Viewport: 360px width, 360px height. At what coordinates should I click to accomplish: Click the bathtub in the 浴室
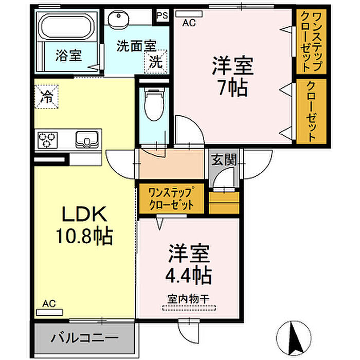[x=66, y=26]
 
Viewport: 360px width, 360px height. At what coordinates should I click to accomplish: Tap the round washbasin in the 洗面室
[x=118, y=20]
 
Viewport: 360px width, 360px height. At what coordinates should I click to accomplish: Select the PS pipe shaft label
[x=163, y=15]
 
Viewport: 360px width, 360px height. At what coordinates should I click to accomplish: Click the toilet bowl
[x=154, y=104]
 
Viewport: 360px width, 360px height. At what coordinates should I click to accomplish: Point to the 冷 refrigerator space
[x=46, y=97]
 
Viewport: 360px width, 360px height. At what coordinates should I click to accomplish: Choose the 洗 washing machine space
[x=156, y=62]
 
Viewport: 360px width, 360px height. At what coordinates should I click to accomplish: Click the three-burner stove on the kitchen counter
[x=47, y=139]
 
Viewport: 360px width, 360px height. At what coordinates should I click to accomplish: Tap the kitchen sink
[x=87, y=139]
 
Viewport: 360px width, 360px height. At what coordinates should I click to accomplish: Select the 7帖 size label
[x=233, y=88]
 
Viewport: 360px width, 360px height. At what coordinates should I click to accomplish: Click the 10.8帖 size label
[x=84, y=236]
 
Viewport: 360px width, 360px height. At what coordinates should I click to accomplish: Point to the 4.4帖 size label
[x=189, y=275]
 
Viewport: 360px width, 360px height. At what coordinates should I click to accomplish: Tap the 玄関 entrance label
[x=224, y=159]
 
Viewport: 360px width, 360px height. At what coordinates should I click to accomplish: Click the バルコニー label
[x=84, y=338]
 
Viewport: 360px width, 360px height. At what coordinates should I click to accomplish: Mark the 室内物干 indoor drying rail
[x=189, y=308]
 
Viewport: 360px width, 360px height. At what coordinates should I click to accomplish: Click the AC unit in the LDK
[x=49, y=312]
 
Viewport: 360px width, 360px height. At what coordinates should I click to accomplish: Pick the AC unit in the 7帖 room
[x=189, y=14]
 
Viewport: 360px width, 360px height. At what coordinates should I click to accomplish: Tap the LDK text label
[x=85, y=214]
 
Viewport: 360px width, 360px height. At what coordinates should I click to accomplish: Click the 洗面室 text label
[x=136, y=46]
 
